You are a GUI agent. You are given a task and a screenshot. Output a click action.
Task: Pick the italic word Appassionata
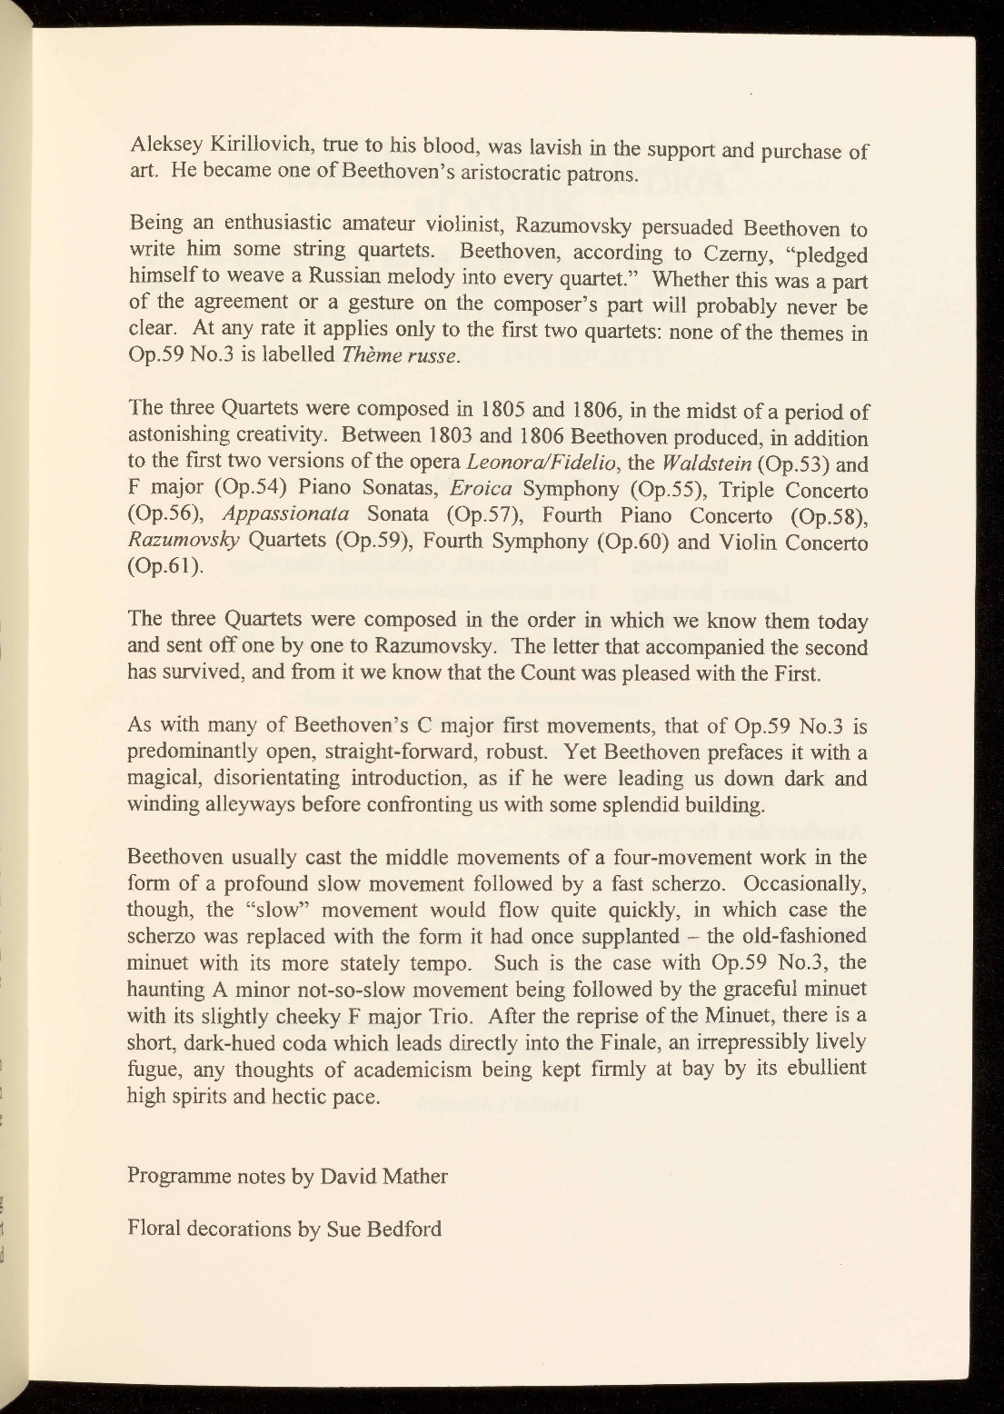287,515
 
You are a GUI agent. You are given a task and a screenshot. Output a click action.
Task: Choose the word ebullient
823,1067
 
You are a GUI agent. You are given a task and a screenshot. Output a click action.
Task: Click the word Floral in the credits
154,1230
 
